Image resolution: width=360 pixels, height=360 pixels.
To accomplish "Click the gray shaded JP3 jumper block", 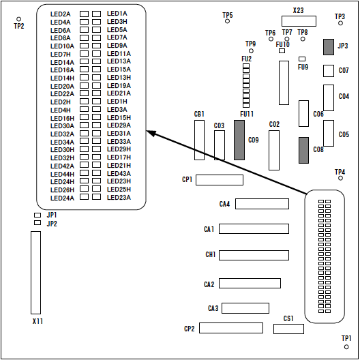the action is (x=329, y=47).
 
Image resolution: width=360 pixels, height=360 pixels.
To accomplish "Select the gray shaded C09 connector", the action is (x=239, y=140).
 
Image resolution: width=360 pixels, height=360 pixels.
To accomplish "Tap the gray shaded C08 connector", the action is (x=303, y=151).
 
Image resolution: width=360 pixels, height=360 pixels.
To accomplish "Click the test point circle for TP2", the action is (x=19, y=19).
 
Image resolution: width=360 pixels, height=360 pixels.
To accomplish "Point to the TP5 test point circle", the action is (x=227, y=21).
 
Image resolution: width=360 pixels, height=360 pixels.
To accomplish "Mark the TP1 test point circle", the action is (x=346, y=347).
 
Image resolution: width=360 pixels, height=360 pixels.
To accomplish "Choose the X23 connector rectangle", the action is (x=299, y=21).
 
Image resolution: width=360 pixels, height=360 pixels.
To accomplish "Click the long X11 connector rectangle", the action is (x=36, y=273).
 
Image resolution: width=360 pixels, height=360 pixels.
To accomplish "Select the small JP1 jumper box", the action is (x=37, y=215).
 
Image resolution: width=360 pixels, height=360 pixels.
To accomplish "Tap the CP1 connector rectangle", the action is (x=220, y=180).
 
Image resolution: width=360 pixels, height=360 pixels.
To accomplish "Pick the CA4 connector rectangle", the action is (x=262, y=204).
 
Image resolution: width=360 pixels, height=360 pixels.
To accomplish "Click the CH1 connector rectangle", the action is (x=254, y=255).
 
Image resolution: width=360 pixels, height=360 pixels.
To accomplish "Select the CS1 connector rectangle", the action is (x=288, y=329).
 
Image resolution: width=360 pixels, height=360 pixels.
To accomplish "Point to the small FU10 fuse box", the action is (x=282, y=50).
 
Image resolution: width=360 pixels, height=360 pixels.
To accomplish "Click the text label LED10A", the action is (x=62, y=46).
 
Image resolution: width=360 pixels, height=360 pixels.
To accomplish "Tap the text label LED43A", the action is (x=119, y=174).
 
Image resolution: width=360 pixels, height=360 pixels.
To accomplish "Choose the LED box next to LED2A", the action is (x=84, y=14).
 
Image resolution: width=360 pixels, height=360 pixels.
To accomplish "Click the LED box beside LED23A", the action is (x=96, y=197).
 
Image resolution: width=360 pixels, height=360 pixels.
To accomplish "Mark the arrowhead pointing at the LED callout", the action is (x=151, y=133).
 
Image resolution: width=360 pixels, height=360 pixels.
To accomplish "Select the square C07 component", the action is (x=329, y=71).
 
